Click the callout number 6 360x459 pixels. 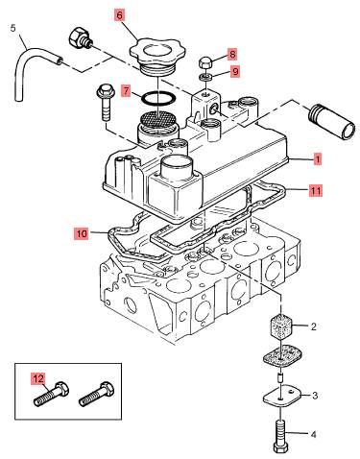point(119,15)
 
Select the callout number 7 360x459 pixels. point(127,91)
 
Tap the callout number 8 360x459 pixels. point(232,54)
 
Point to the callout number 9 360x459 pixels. point(235,71)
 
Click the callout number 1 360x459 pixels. point(318,158)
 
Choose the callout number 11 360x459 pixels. point(316,190)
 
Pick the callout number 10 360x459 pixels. point(82,233)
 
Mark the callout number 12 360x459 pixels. point(38,378)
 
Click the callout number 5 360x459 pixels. point(12,28)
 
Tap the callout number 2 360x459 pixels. point(314,326)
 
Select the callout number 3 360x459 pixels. point(315,396)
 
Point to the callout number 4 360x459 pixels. point(314,434)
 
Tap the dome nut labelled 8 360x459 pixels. point(204,62)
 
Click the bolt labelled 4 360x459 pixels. point(281,435)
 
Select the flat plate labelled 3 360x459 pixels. point(282,397)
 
